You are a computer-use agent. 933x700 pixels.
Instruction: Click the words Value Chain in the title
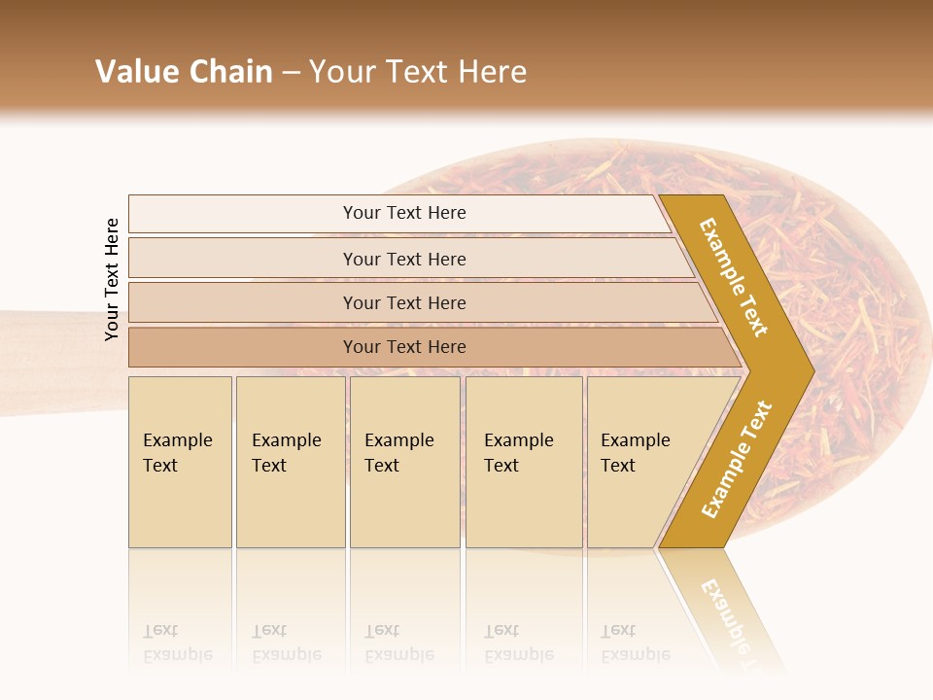point(184,72)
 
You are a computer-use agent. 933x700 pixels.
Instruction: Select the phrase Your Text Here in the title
point(418,72)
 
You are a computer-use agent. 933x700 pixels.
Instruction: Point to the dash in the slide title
point(291,73)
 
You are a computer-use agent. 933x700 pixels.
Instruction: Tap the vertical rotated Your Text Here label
point(112,279)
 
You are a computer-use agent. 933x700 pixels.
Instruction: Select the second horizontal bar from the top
point(404,259)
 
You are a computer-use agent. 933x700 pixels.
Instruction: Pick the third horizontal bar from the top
point(404,302)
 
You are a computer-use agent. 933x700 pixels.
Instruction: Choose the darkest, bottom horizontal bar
point(404,347)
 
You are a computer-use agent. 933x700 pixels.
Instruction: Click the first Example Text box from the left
point(180,461)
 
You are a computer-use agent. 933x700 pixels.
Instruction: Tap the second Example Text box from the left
point(290,461)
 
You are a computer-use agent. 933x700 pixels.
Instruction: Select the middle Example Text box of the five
point(404,461)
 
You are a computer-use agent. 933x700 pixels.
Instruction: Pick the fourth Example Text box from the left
point(523,461)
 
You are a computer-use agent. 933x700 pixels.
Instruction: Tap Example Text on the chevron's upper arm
point(734,277)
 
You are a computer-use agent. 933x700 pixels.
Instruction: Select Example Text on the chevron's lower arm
point(736,460)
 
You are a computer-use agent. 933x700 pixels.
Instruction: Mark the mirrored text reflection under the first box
point(177,643)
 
